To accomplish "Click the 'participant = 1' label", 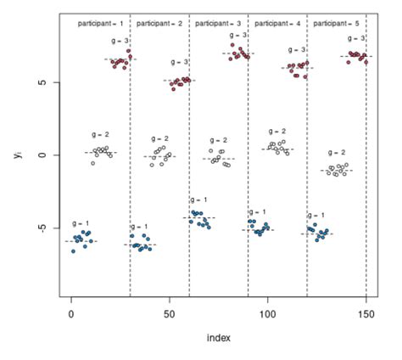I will coord(101,24).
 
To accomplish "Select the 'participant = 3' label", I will coord(218,24).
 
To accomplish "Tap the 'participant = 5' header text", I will coord(337,24).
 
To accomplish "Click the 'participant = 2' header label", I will coord(159,24).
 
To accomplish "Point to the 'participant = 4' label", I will coord(277,24).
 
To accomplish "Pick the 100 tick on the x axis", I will coord(267,312).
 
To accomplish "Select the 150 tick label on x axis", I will coord(366,312).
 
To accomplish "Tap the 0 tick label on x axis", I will coord(71,312).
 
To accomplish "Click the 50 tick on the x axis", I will coord(170,312).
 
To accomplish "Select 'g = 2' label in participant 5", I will coord(337,153).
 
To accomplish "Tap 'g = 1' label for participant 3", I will coord(199,200).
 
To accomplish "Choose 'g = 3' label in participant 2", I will coord(180,63).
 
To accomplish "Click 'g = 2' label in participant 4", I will coord(277,132).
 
